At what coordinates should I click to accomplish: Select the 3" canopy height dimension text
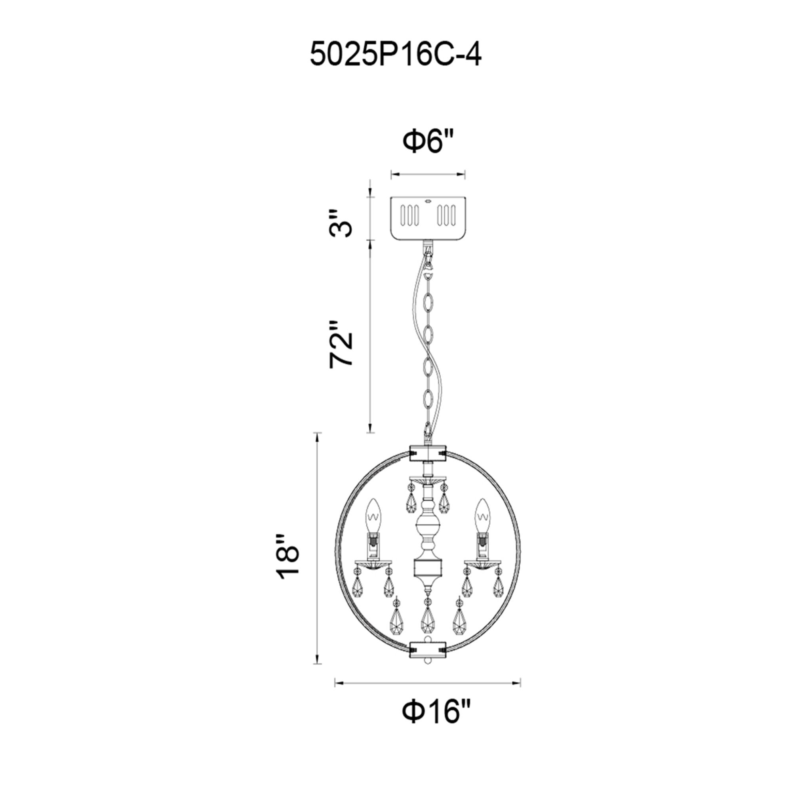pos(341,223)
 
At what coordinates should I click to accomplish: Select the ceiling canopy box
pos(428,218)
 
